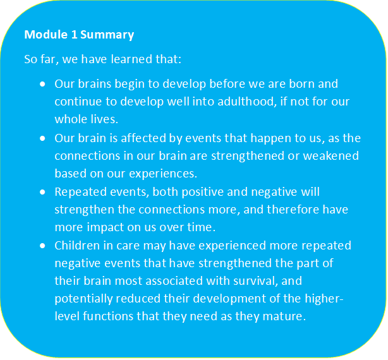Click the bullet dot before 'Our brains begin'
click(x=42, y=83)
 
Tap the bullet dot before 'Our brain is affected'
click(x=42, y=138)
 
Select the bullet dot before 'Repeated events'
click(x=42, y=191)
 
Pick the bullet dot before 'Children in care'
click(x=42, y=245)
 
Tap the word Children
click(x=79, y=245)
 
